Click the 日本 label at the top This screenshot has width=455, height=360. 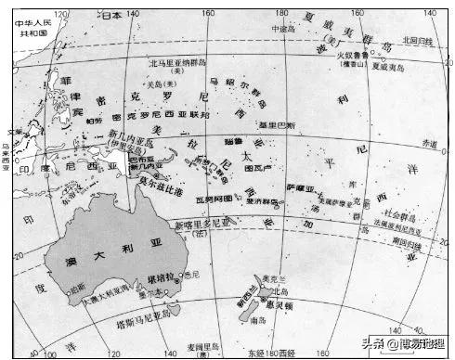pos(110,16)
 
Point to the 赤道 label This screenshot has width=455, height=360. pos(428,143)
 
